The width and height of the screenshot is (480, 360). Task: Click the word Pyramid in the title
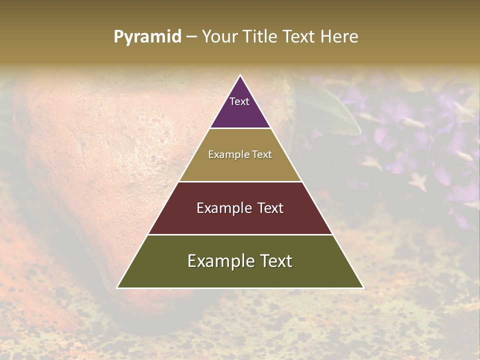click(x=147, y=37)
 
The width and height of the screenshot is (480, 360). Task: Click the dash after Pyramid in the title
click(x=191, y=37)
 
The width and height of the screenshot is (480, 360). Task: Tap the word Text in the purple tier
click(x=239, y=101)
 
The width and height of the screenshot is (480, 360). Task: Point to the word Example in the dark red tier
click(x=223, y=208)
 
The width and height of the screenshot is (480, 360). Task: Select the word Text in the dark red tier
click(x=270, y=208)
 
